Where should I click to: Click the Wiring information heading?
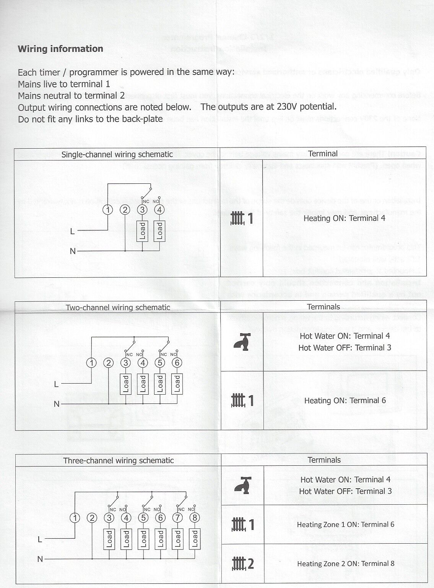(x=60, y=49)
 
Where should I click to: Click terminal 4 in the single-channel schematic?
(x=159, y=210)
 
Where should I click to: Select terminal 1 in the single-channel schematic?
(x=109, y=210)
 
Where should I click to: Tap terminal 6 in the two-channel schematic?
(x=177, y=363)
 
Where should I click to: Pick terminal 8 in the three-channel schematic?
(x=194, y=518)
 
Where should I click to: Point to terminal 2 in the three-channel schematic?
(x=92, y=518)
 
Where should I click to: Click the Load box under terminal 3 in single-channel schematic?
(x=143, y=231)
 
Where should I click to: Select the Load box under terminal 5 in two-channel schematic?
(x=160, y=384)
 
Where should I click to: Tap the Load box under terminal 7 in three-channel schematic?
(x=177, y=539)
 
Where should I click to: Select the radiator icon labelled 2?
(x=242, y=564)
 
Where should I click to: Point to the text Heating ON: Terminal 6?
(x=345, y=400)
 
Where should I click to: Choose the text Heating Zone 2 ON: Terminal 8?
(x=346, y=564)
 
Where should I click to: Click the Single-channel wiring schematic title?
(x=117, y=155)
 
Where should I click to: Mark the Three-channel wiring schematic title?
(x=119, y=461)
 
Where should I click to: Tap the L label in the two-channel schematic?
(x=57, y=384)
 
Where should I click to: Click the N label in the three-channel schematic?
(x=40, y=559)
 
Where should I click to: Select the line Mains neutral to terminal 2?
(x=72, y=96)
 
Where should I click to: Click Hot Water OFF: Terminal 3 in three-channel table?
(x=345, y=491)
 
